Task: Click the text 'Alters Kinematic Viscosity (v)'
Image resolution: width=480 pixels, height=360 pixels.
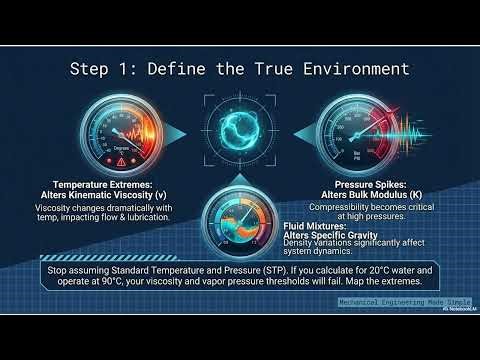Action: coord(98,197)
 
